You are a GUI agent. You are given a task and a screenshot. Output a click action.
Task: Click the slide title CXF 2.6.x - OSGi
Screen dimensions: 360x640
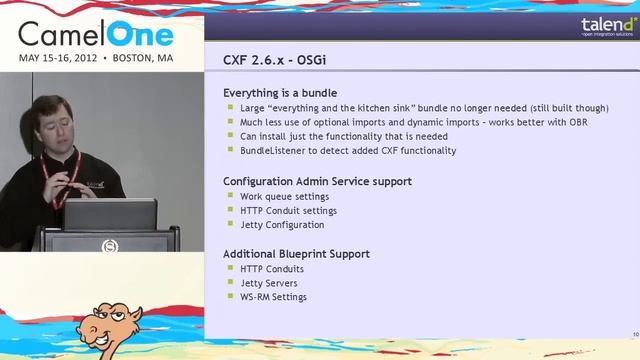click(x=274, y=60)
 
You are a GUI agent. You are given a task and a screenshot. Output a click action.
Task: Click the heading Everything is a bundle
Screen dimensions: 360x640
click(x=280, y=93)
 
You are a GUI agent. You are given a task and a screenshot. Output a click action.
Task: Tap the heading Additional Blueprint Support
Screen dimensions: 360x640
click(x=296, y=254)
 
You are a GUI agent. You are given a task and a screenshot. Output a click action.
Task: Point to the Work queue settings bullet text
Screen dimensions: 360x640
click(x=284, y=197)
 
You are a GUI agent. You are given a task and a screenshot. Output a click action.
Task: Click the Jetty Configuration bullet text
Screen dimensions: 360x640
click(x=282, y=225)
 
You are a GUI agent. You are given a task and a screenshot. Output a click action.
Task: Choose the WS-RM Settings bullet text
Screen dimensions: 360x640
click(x=273, y=297)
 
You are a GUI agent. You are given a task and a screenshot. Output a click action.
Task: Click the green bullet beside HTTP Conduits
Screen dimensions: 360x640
click(x=231, y=269)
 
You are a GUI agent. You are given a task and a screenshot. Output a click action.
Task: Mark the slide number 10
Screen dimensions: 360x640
click(x=635, y=333)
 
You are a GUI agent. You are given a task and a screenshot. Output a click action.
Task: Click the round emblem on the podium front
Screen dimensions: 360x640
click(x=110, y=245)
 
